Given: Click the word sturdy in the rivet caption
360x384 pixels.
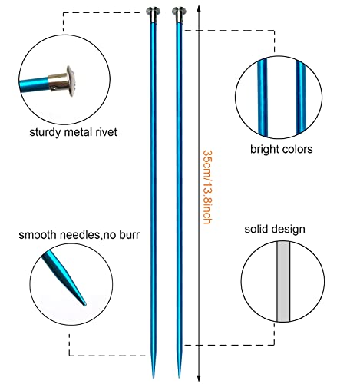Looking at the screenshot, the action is pyautogui.click(x=45, y=133).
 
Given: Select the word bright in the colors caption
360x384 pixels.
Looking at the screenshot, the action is pyautogui.click(x=264, y=150).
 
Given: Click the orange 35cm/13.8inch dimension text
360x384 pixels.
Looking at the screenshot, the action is pyautogui.click(x=207, y=187).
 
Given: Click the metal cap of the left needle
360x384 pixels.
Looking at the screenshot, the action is pyautogui.click(x=154, y=15).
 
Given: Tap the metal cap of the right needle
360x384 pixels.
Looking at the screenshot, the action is pyautogui.click(x=179, y=15).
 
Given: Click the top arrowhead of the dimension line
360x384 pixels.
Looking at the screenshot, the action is pyautogui.click(x=199, y=8).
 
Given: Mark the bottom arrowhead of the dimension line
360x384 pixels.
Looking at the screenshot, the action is pyautogui.click(x=199, y=379).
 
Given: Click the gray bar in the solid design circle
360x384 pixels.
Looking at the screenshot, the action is pyautogui.click(x=283, y=281).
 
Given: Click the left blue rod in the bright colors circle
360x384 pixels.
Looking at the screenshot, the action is pyautogui.click(x=263, y=97).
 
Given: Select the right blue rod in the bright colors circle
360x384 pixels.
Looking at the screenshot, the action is pyautogui.click(x=301, y=98).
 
